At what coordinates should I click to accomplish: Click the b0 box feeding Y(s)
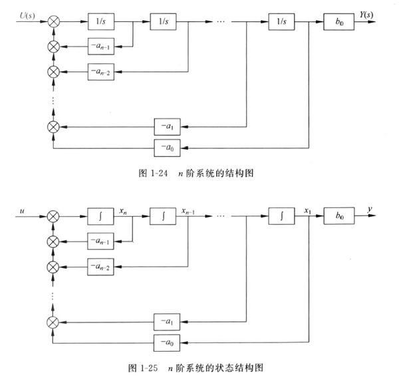[x=338, y=22]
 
